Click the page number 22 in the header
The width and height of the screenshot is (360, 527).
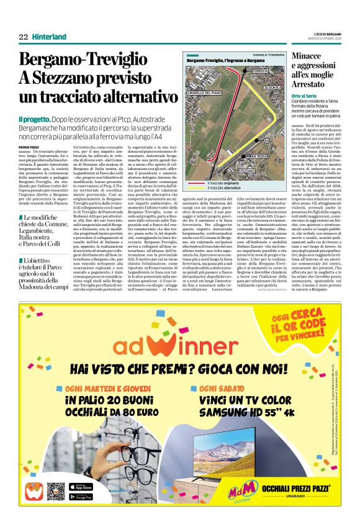(x=23, y=37)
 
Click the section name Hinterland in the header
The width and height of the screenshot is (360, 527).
(x=49, y=37)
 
